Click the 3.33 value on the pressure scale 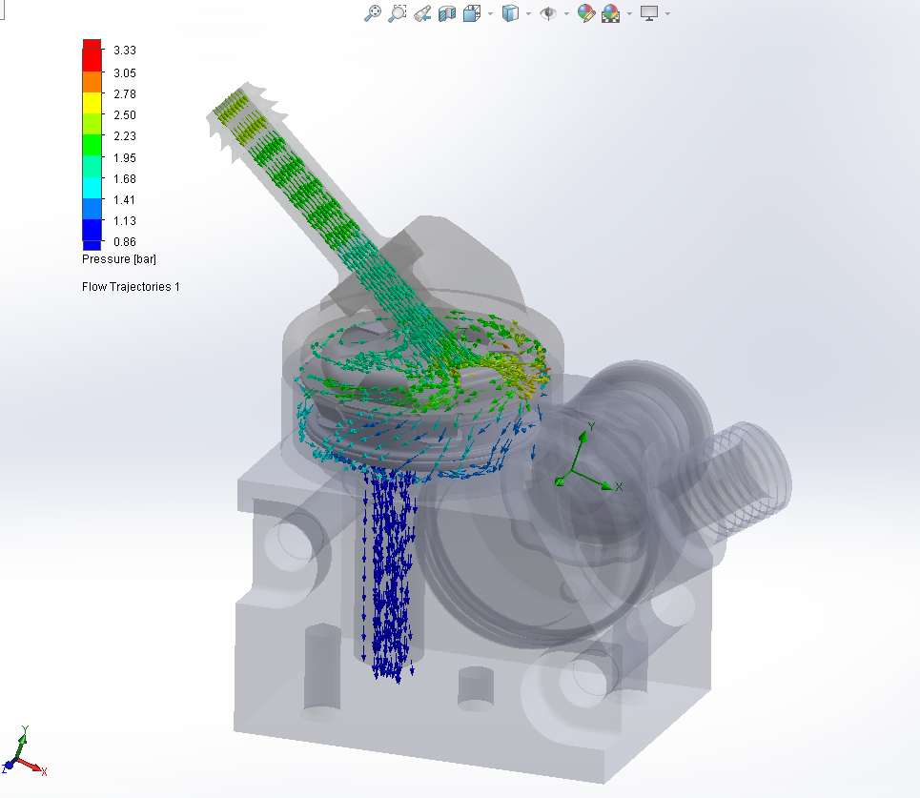point(126,51)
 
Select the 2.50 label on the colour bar point(126,114)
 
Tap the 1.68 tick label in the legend point(126,178)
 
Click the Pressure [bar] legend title point(119,258)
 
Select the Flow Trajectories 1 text point(131,286)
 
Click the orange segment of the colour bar point(92,82)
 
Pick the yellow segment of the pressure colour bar point(92,102)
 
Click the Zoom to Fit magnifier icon point(374,13)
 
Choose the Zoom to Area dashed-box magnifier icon point(398,13)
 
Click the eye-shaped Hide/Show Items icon point(547,13)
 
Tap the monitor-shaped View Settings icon point(649,13)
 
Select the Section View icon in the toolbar point(446,13)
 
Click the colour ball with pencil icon point(586,13)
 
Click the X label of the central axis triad point(619,486)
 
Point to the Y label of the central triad point(592,426)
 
